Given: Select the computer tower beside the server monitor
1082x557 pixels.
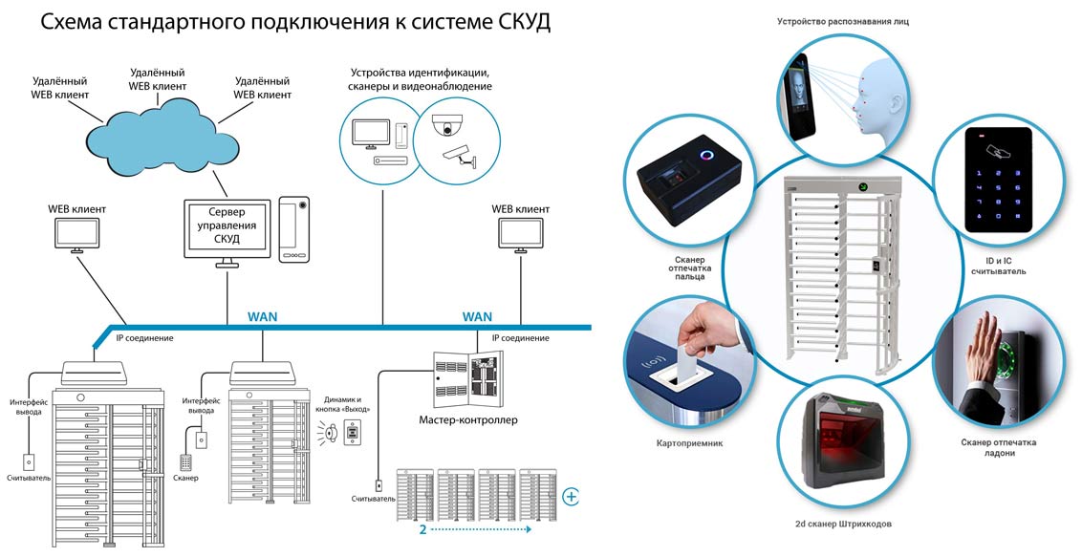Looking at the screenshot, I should coord(293,229).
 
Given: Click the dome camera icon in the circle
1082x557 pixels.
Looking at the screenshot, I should coord(445,127).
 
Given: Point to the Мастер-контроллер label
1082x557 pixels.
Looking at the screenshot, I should coord(468,419).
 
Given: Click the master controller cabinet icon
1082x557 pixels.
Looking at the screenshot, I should coord(467,378).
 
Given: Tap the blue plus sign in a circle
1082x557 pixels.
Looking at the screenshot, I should coord(572,496).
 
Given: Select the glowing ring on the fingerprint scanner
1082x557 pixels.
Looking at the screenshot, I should coord(707,155).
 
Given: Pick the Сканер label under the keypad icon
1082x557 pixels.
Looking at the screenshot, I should coord(185,477).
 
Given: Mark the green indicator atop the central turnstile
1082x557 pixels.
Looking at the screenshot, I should coord(861,186).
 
